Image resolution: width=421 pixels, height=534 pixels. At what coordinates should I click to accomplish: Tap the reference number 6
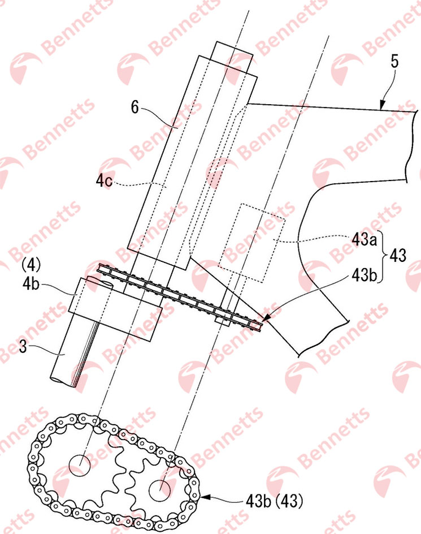tap(135, 107)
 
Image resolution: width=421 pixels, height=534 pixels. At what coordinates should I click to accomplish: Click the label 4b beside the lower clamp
tap(31, 284)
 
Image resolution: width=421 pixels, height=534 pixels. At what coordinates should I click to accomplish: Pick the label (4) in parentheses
tap(31, 265)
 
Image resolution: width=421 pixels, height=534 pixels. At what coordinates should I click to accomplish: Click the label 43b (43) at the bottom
tap(274, 501)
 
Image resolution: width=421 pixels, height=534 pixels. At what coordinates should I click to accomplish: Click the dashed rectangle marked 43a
tap(252, 243)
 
